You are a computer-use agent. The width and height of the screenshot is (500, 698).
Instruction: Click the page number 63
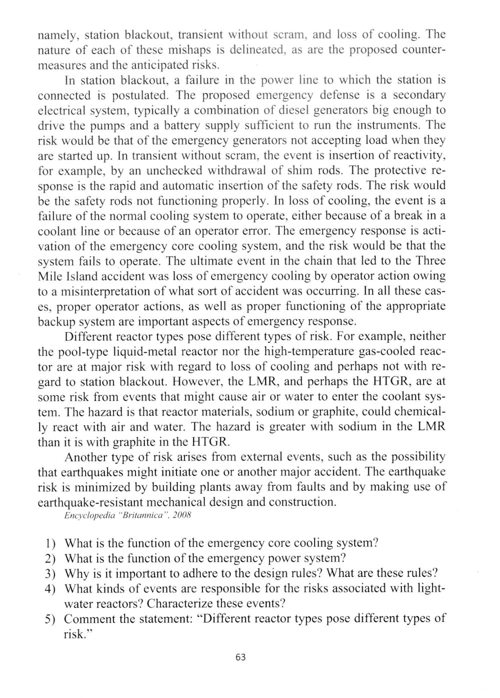click(240, 657)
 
